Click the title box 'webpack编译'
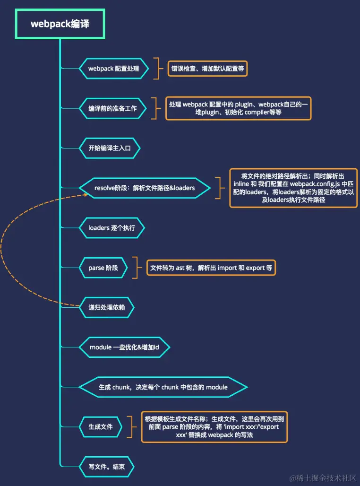[x=60, y=24]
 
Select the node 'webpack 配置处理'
[x=113, y=69]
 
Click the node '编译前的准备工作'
[x=112, y=108]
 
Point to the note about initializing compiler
[x=238, y=108]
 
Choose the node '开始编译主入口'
[x=109, y=148]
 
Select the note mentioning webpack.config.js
[x=293, y=188]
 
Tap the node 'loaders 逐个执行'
[x=111, y=228]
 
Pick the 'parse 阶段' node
[x=103, y=268]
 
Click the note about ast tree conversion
[x=211, y=268]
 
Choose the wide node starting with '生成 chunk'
[x=163, y=387]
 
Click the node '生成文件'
[x=101, y=426]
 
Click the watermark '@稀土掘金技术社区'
[x=323, y=478]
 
